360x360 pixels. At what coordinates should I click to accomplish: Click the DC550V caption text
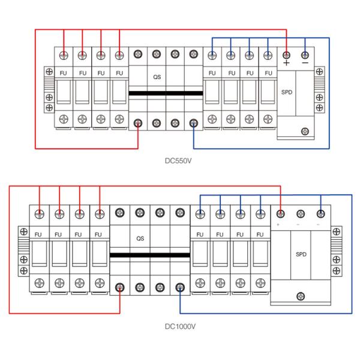180,160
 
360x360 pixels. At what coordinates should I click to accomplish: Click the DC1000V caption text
181,327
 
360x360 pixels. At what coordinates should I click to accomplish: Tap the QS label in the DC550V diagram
157,77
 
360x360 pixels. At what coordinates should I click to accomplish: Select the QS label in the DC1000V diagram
140,238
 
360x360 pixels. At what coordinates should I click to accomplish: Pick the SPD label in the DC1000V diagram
301,254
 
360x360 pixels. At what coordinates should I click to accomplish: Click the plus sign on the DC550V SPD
287,62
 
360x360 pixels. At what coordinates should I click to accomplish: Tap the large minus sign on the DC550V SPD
305,62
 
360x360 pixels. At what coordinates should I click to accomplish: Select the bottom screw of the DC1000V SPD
301,294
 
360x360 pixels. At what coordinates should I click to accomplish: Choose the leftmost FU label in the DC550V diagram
65,73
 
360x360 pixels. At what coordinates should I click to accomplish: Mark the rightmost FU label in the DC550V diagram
267,73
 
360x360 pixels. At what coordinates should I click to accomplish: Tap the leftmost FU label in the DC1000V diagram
38,234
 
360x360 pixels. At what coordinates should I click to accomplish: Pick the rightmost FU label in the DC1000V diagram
260,234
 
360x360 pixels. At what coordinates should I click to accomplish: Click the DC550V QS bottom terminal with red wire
138,123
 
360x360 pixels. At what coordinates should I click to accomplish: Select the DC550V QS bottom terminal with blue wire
193,123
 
